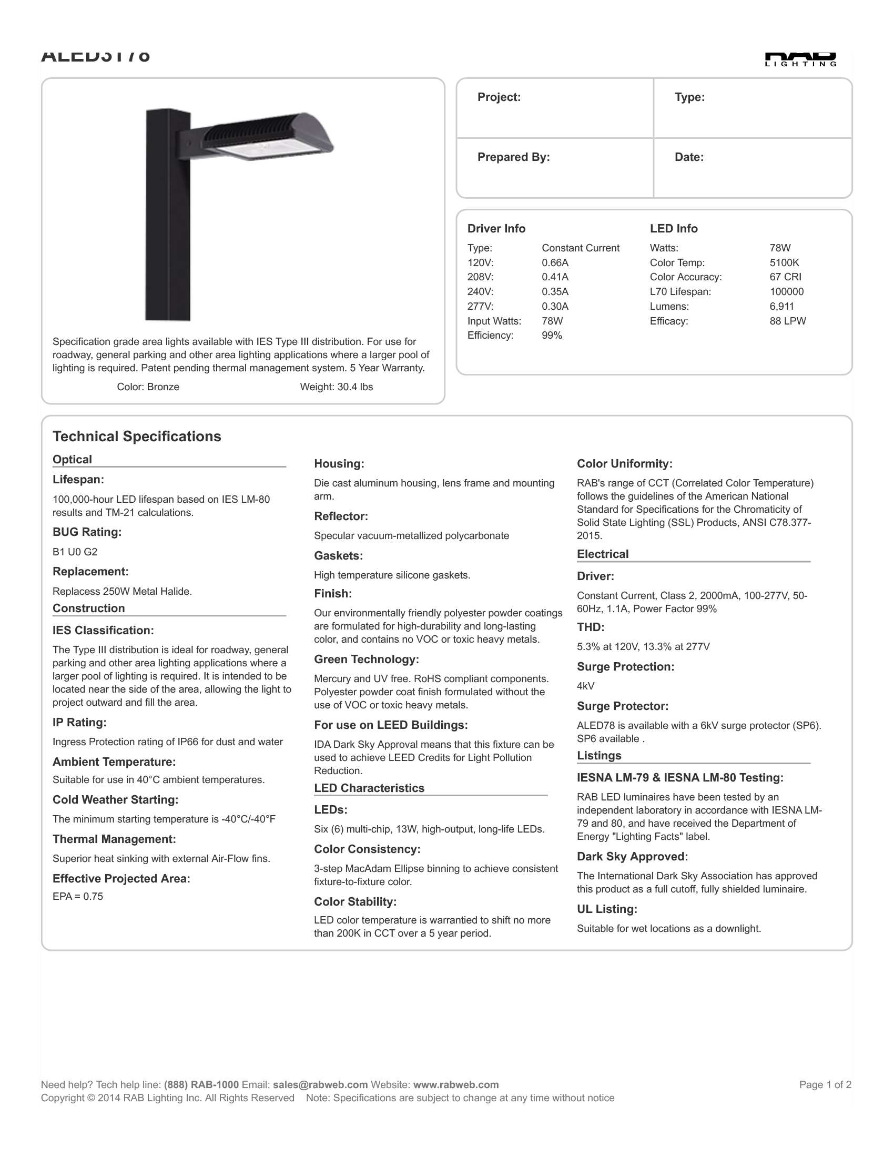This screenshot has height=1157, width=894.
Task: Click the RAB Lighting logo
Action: [x=800, y=59]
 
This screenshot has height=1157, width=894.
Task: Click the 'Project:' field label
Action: [x=499, y=97]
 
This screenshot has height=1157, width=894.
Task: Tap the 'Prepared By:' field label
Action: [x=513, y=157]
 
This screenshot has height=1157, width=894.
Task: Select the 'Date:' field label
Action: [x=688, y=157]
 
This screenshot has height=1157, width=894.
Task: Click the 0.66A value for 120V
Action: [x=554, y=263]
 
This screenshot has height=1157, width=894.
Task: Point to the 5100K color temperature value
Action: [x=784, y=263]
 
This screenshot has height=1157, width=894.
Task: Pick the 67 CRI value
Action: [x=785, y=277]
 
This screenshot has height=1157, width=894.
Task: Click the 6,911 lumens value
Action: [x=781, y=306]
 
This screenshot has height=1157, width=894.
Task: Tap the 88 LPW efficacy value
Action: [x=788, y=321]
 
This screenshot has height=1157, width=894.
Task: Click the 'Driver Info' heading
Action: [x=496, y=229]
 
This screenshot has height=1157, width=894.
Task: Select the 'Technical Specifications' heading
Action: [x=137, y=437]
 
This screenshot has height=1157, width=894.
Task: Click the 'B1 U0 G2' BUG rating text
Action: [x=75, y=552]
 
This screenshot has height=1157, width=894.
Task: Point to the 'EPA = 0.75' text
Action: [x=77, y=896]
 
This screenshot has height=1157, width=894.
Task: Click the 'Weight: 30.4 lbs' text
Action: [x=337, y=387]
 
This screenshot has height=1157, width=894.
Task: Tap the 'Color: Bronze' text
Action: [x=148, y=387]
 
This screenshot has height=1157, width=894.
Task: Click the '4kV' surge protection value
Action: [x=585, y=686]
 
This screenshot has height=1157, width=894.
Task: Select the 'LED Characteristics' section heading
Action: [x=369, y=788]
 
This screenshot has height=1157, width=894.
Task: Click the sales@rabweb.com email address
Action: [x=320, y=1084]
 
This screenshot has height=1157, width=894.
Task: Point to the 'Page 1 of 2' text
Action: [x=825, y=1084]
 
